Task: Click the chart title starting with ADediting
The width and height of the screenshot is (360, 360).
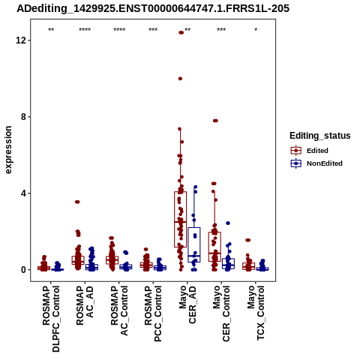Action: (153, 9)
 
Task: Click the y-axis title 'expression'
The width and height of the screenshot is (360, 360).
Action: (8, 150)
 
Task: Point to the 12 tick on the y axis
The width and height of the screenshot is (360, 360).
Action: (21, 40)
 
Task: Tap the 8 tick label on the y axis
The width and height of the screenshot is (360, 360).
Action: (23, 116)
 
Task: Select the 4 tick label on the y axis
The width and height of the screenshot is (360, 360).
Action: (23, 193)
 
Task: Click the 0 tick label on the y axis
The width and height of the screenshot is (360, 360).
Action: (23, 269)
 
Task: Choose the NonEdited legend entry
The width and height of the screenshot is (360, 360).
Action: (316, 163)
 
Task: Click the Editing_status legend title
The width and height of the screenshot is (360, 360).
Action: (320, 136)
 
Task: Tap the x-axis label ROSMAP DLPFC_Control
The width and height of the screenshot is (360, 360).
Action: (51, 319)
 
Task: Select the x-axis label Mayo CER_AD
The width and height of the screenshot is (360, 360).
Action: (187, 304)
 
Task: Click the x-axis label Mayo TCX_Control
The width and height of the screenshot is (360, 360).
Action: (256, 313)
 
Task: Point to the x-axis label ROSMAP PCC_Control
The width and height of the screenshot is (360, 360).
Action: (153, 313)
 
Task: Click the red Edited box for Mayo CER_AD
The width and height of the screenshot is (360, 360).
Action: (180, 220)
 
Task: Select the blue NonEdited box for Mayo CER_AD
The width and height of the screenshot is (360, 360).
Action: (194, 244)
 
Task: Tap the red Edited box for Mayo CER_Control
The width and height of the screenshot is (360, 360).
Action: (214, 247)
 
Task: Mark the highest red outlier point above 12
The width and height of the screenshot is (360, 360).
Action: (181, 32)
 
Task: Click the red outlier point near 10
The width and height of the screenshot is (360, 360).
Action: (180, 79)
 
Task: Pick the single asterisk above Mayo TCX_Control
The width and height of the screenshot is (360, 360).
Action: (256, 29)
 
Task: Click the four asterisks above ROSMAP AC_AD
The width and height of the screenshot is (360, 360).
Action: (85, 29)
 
